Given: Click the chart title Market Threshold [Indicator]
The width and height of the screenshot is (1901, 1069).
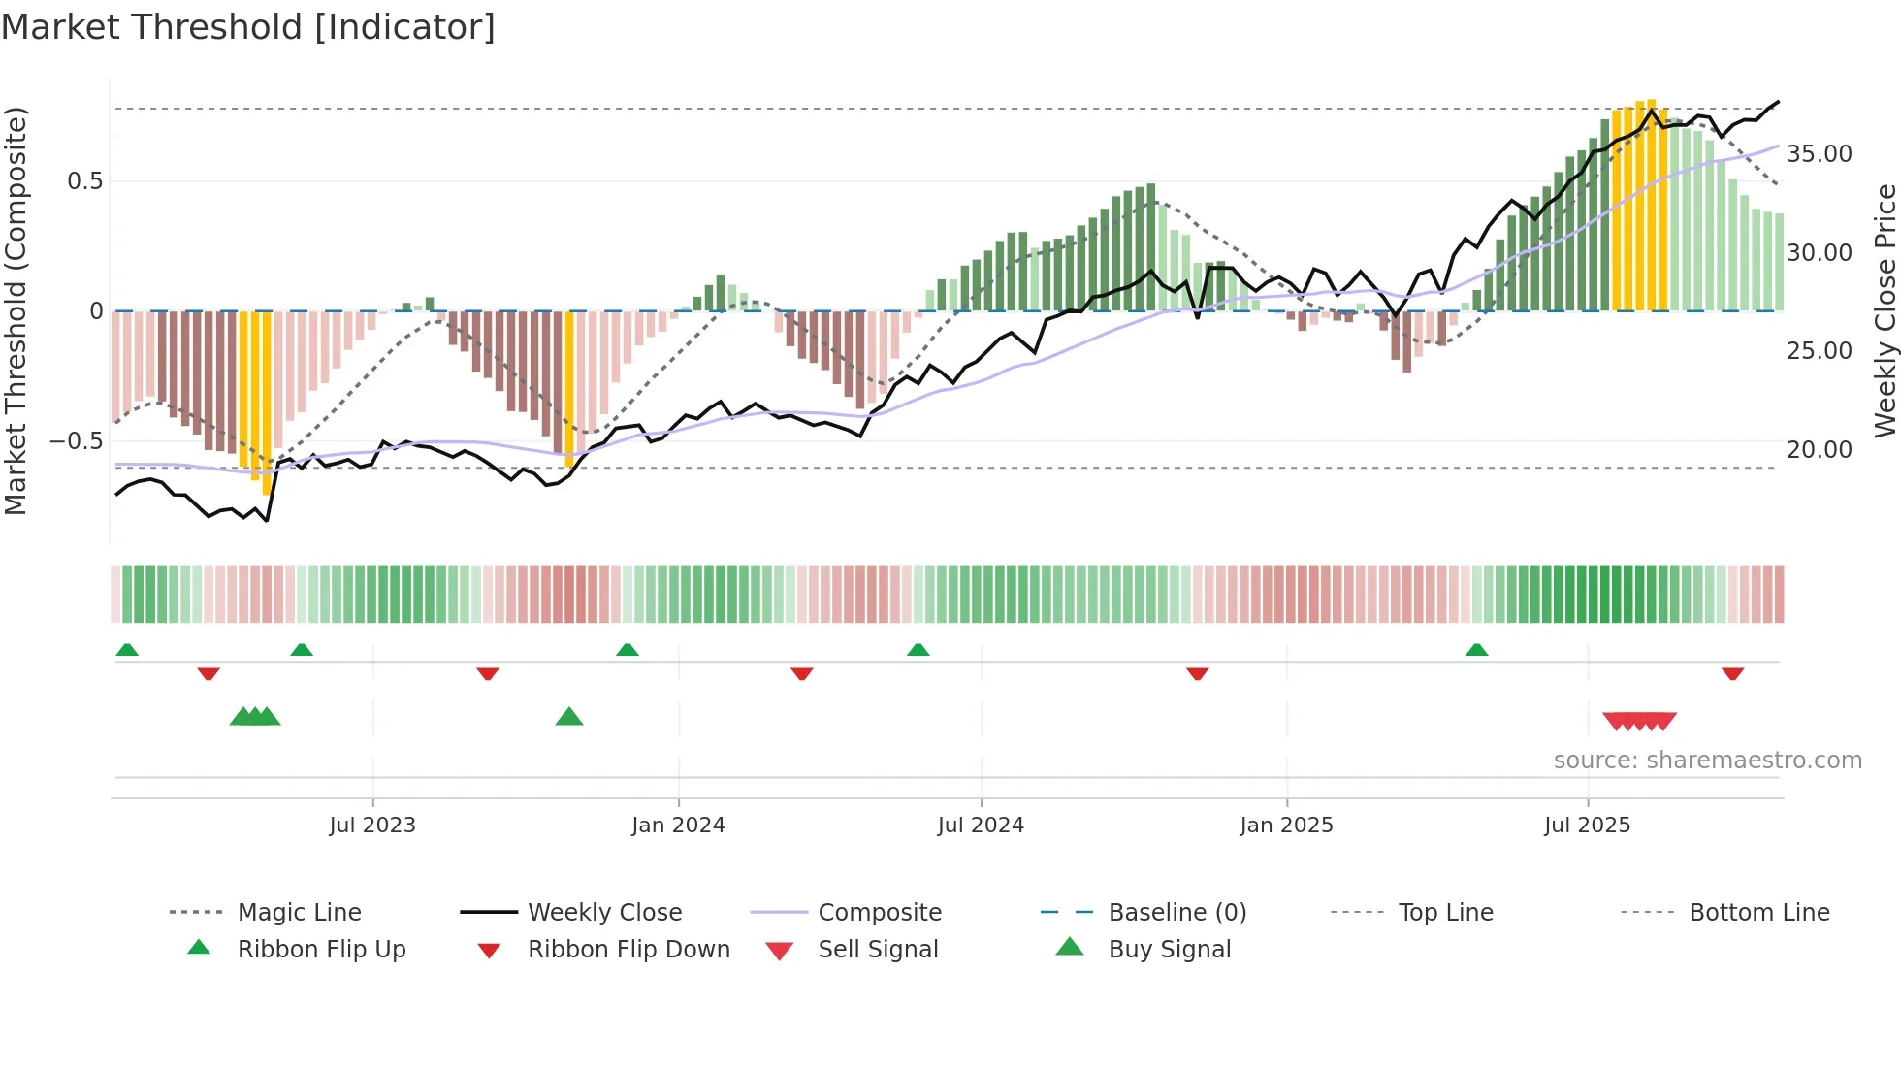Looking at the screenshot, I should pos(248,27).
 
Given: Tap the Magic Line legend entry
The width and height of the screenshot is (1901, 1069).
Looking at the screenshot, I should pos(299,913).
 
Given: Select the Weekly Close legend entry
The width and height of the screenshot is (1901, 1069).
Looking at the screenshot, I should pos(604,913).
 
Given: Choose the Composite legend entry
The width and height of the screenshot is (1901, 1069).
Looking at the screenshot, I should pos(879,913).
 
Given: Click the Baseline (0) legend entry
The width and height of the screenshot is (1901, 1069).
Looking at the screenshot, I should pos(1176,913).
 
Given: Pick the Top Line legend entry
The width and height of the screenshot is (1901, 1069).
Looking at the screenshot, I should pos(1445,913).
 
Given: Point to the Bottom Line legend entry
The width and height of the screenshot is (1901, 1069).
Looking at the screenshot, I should pos(1758,913).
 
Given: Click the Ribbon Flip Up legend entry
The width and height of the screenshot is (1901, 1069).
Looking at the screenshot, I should pos(321,950).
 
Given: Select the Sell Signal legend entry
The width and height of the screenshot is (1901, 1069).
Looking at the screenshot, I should pos(878,950).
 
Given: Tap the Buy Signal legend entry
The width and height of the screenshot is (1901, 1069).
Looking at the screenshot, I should pos(1169,950).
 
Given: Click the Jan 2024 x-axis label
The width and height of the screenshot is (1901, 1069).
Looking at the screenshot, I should pos(678,826).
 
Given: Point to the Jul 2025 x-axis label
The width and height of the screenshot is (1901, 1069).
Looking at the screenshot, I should pos(1587,826).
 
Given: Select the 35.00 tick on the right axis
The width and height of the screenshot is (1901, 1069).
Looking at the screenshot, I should pos(1820,154).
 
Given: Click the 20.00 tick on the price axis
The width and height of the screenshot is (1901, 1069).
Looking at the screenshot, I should pos(1820,450).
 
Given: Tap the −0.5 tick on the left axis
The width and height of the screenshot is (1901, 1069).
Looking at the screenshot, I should pos(76,441).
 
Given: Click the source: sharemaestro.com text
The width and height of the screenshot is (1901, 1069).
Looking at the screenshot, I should pos(1707,761).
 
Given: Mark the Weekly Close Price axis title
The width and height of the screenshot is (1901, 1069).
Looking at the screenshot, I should pos(1885,310).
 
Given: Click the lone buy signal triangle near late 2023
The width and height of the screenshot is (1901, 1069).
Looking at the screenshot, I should pos(569,718).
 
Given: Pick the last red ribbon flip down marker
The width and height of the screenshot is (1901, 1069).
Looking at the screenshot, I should pos(1732,673).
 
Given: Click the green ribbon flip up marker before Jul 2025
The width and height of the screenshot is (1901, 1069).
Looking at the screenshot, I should pos(1476,650).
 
